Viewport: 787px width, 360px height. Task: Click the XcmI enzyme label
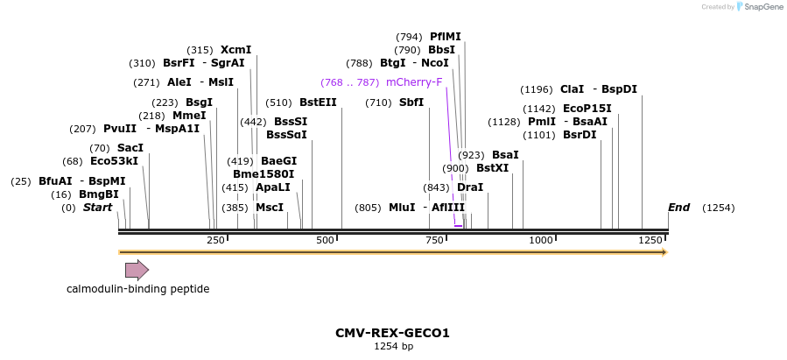click(235, 50)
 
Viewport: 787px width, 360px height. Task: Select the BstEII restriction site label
click(318, 102)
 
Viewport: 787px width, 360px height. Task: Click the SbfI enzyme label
click(411, 102)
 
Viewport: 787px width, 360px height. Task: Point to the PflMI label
click(445, 37)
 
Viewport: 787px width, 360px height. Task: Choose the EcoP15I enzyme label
click(587, 109)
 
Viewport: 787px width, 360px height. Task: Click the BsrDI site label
click(580, 135)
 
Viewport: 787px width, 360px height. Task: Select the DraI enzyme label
click(470, 187)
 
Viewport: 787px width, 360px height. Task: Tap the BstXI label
click(492, 168)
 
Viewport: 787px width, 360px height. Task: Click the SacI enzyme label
click(130, 148)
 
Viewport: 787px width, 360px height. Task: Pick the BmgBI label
click(98, 194)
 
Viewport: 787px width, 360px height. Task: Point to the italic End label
click(678, 208)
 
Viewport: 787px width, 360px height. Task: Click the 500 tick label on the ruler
click(326, 240)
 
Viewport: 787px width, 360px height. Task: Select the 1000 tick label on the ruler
click(541, 240)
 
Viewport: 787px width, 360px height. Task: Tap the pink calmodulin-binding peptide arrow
click(137, 270)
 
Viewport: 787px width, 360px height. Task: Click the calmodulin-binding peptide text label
click(138, 288)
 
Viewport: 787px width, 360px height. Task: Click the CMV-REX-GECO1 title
click(392, 333)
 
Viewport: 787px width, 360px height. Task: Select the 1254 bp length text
click(393, 347)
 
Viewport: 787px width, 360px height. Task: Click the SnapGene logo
click(758, 7)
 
